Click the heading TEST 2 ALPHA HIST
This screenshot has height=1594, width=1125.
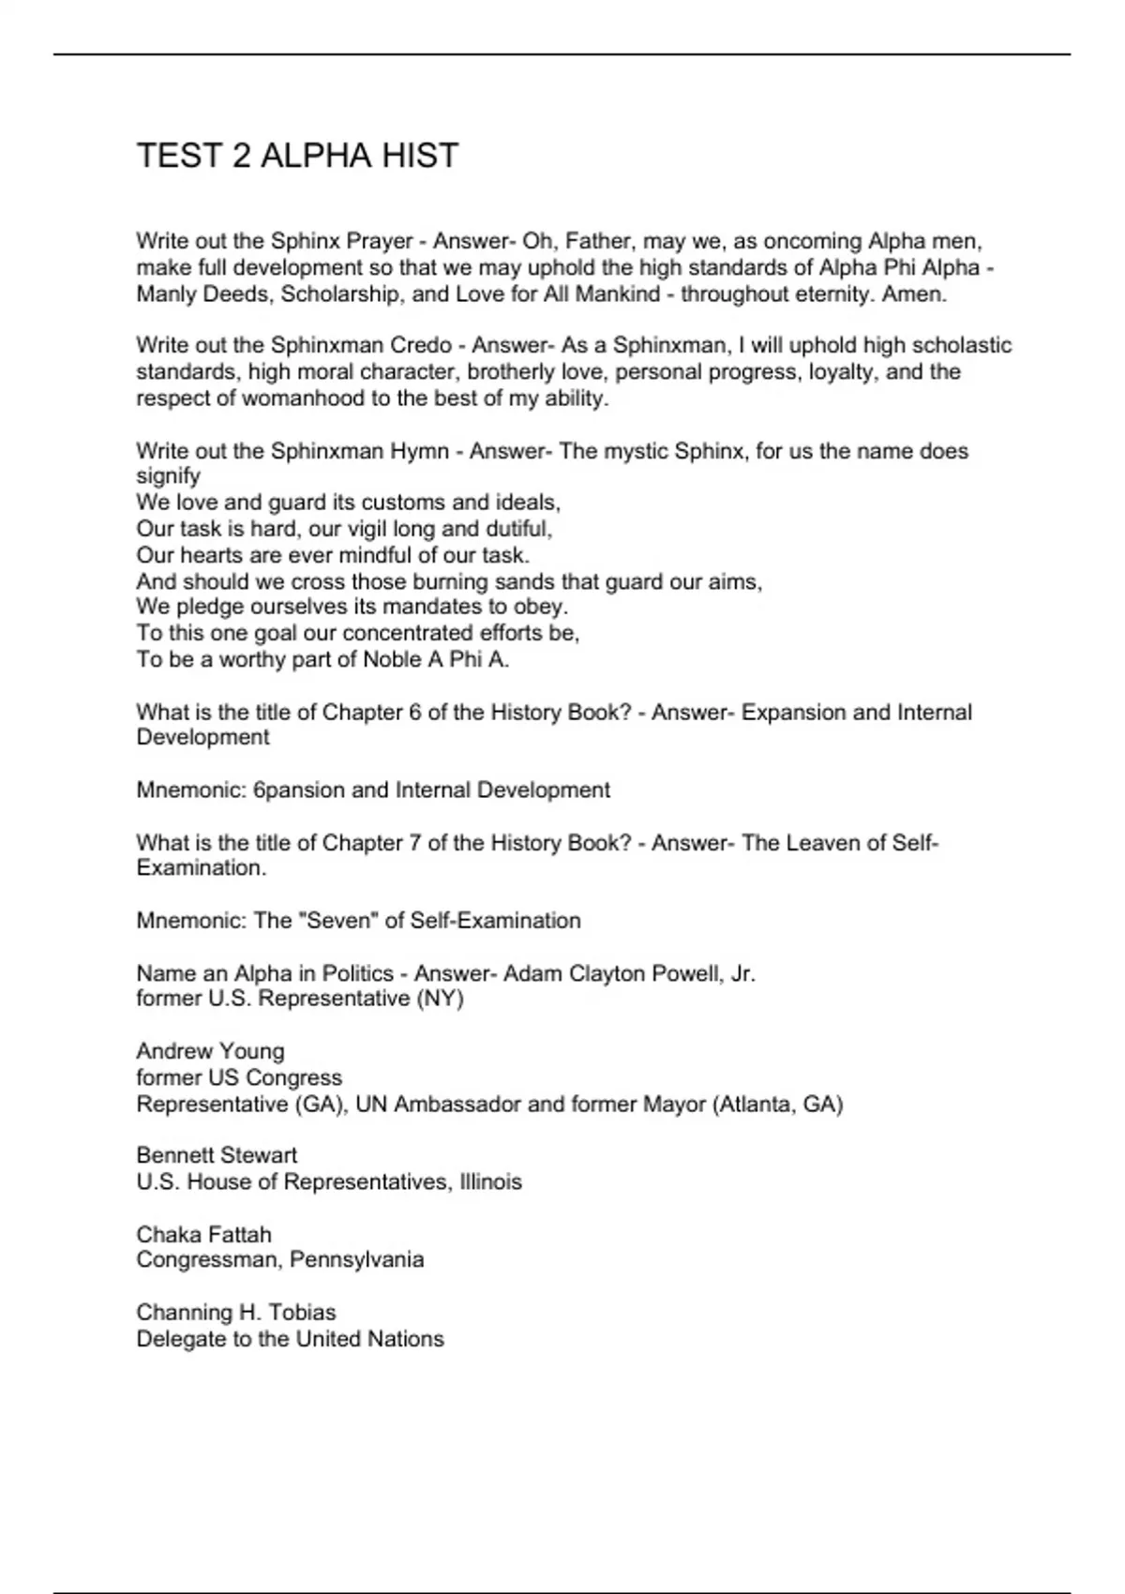(x=297, y=156)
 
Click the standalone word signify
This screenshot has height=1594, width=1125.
(x=169, y=476)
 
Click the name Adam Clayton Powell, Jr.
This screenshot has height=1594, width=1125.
(x=629, y=974)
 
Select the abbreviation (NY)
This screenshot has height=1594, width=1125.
(x=440, y=999)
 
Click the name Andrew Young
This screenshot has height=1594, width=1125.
(x=210, y=1052)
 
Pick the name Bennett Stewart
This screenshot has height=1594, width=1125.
(x=217, y=1155)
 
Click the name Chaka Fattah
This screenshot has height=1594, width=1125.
(x=203, y=1235)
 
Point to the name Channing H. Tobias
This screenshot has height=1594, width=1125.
(x=236, y=1313)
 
